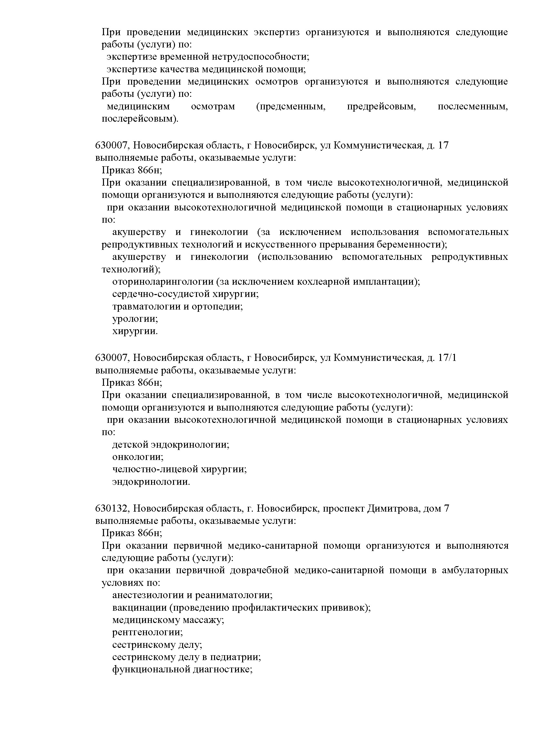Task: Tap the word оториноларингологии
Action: coord(163,282)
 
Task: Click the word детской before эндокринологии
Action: coord(130,445)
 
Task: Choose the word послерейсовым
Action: coord(140,119)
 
